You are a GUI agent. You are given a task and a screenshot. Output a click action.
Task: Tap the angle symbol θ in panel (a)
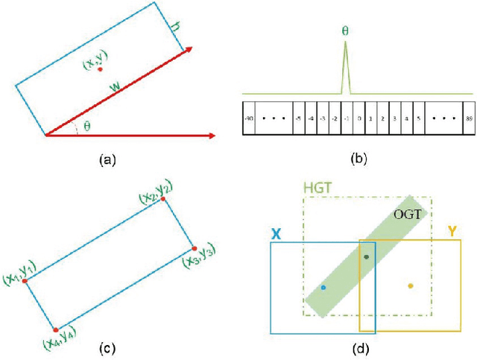click(x=87, y=126)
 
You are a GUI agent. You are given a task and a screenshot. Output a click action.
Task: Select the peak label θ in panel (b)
click(x=345, y=32)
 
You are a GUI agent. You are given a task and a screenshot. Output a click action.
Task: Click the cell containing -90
click(x=248, y=118)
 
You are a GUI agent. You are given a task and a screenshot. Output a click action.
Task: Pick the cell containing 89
click(x=467, y=118)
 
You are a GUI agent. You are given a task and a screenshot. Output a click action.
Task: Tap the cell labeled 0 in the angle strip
click(x=358, y=118)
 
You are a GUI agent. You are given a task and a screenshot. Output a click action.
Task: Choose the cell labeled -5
click(x=299, y=118)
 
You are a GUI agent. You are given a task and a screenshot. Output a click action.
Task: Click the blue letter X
click(x=276, y=233)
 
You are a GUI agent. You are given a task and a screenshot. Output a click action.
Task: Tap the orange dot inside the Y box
click(x=411, y=285)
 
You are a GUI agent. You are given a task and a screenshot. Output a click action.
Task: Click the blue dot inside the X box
click(x=323, y=287)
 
